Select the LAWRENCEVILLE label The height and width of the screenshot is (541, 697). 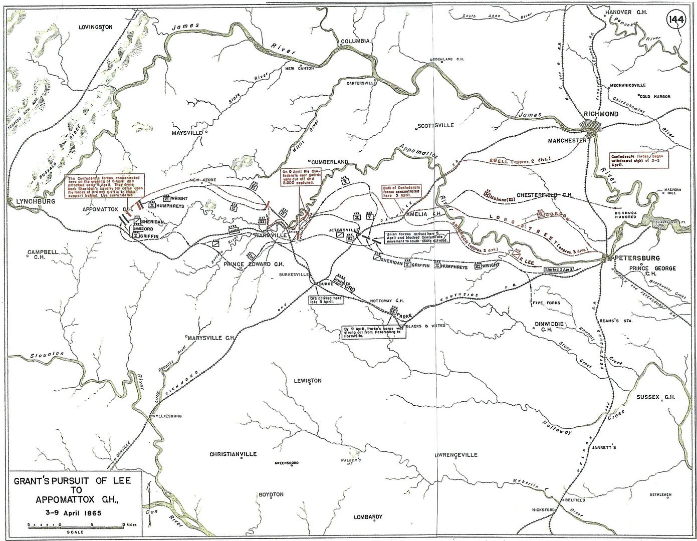point(455,455)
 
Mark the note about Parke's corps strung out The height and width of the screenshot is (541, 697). point(367,333)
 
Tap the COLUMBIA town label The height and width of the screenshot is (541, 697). point(354,41)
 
